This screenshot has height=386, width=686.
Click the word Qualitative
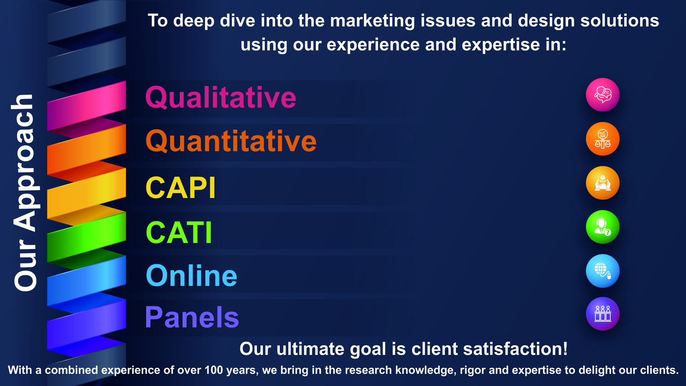click(221, 97)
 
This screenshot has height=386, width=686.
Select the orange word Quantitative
click(231, 141)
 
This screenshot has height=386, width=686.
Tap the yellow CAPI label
click(180, 188)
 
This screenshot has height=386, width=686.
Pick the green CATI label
click(179, 232)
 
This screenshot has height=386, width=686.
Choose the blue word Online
click(192, 276)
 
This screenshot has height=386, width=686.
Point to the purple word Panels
click(192, 317)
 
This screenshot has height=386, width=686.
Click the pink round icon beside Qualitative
click(603, 95)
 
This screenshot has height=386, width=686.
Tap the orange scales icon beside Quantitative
click(603, 139)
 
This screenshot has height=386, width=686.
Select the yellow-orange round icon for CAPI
click(603, 183)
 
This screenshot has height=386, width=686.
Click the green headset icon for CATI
click(603, 227)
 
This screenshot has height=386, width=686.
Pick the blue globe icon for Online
click(603, 271)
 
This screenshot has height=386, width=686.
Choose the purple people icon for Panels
click(603, 314)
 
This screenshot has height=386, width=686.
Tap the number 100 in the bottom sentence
click(214, 370)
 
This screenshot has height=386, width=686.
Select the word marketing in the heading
click(373, 21)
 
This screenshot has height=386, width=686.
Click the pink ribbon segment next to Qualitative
click(86, 106)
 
